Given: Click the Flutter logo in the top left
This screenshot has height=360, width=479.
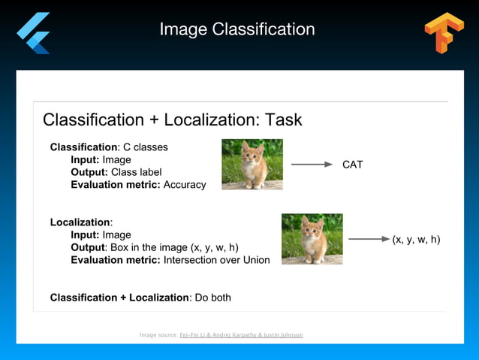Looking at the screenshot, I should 35,32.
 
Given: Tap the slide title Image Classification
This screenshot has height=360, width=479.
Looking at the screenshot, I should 237,29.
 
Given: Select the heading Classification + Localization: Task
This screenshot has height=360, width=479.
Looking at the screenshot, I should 172,119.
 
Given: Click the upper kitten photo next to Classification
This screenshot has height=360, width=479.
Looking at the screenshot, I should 252,164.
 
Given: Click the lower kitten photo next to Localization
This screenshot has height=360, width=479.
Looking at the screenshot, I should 312,239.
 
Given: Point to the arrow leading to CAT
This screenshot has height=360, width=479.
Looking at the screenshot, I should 312,164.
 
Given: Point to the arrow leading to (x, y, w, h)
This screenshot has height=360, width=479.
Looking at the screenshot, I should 369,240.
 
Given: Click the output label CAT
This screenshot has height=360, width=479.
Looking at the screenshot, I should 352,165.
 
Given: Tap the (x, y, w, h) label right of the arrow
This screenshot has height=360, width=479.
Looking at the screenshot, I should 416,240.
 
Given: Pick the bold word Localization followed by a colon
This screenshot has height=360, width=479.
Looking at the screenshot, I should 80,222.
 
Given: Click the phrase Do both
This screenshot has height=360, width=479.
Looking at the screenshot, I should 212,298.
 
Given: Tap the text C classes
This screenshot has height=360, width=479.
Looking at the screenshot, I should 146,147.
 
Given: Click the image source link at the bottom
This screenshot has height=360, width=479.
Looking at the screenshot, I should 241,334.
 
